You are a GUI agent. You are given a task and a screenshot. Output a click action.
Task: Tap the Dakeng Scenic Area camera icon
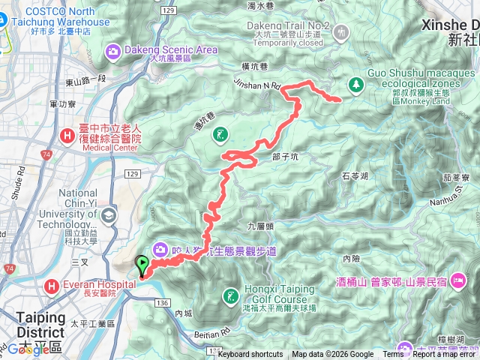point(112,51)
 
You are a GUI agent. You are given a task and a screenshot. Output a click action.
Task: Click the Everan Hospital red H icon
point(50,286)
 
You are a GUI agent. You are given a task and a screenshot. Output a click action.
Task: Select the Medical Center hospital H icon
point(67,136)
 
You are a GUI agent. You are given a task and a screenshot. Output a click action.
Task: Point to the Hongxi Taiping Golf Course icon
point(232,293)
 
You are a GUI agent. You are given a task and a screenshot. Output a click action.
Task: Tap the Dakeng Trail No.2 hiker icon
point(343,32)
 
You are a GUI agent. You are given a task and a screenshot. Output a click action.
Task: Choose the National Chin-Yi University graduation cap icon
point(109,216)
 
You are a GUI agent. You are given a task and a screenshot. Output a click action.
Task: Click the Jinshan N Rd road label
point(256,84)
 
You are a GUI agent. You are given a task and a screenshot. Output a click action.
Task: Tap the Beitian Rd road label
point(204,332)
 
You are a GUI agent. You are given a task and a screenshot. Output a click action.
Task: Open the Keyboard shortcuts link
point(250,355)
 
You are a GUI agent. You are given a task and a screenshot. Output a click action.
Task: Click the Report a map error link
point(443,355)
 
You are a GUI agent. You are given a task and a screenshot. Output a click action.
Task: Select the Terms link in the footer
point(393,355)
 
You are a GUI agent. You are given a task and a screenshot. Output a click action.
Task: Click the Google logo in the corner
point(22,349)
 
